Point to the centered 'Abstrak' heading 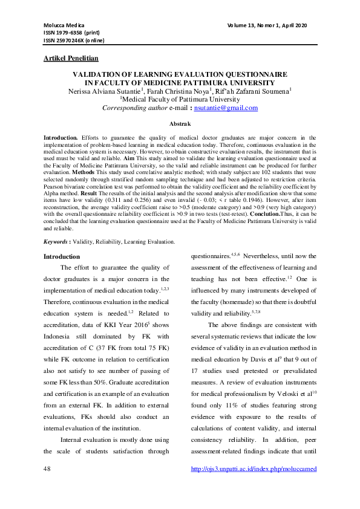[180, 122]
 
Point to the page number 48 [47, 469]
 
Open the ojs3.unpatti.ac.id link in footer [254, 469]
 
